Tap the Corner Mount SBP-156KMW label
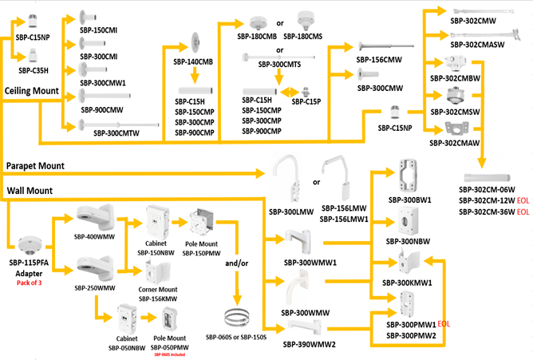pos(156,293)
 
